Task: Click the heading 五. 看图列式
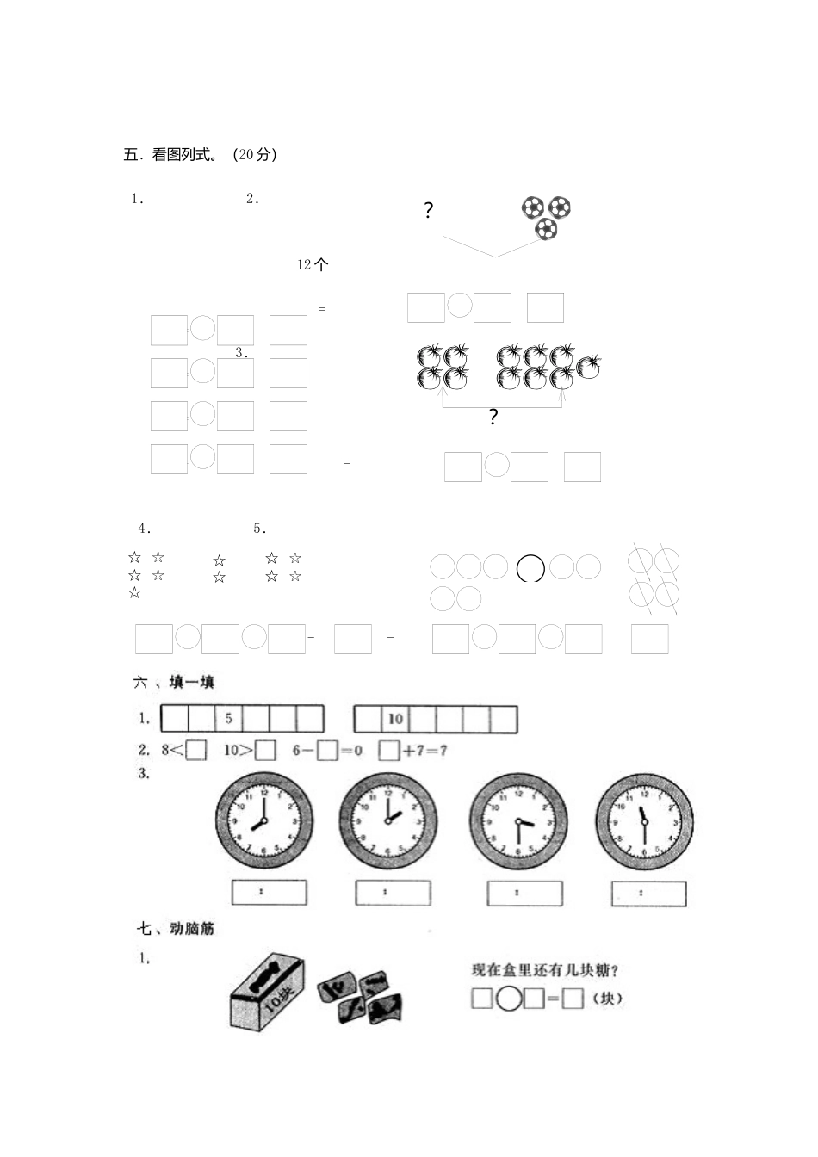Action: pos(200,155)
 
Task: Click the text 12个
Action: pos(313,265)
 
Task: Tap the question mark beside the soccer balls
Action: pos(428,211)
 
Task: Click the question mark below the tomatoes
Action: pos(493,418)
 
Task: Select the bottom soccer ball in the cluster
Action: pos(546,229)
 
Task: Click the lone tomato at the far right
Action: pos(589,366)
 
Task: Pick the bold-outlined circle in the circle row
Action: pos(530,568)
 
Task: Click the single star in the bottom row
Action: pos(134,593)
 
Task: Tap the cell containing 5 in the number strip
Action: pos(228,719)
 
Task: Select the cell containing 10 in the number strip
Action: pos(395,719)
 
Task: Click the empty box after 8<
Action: pos(196,751)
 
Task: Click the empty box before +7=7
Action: pos(389,751)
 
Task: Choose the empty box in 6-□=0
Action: pos(326,751)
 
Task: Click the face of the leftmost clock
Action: pos(263,822)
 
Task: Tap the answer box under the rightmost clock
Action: pos(648,894)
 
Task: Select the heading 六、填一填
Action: pos(174,683)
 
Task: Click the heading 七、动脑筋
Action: pos(175,929)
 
